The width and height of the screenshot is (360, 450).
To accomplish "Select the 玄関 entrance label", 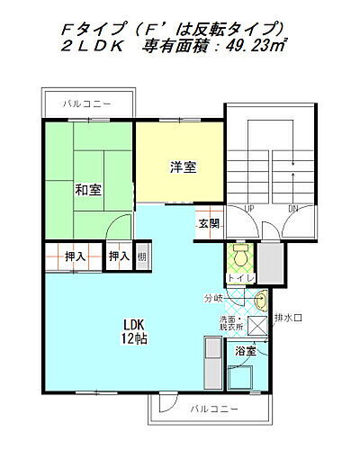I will coord(209,222).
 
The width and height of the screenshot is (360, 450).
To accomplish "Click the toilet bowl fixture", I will coord(238,256).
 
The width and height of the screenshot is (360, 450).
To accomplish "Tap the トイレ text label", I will coord(238,278).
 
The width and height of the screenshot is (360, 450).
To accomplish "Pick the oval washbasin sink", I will coord(260,301).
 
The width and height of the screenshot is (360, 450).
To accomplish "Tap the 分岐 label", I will coord(212,298).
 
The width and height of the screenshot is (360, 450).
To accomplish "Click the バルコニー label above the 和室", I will coord(87,104).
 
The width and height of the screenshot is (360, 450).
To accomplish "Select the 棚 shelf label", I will coord(142,257).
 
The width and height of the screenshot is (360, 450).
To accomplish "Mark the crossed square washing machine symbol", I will coord(257,327).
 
